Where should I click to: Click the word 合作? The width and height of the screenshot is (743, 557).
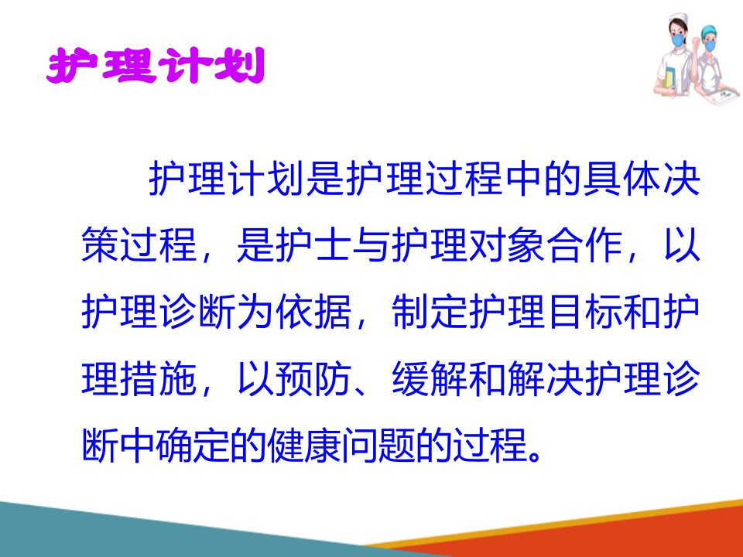tap(584, 245)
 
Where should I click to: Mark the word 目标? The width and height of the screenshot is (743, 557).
tap(584, 312)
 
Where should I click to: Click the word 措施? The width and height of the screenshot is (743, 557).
tap(159, 379)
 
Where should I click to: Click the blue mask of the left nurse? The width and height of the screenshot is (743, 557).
tap(678, 39)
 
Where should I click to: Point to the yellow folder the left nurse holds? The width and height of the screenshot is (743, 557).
tap(669, 78)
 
